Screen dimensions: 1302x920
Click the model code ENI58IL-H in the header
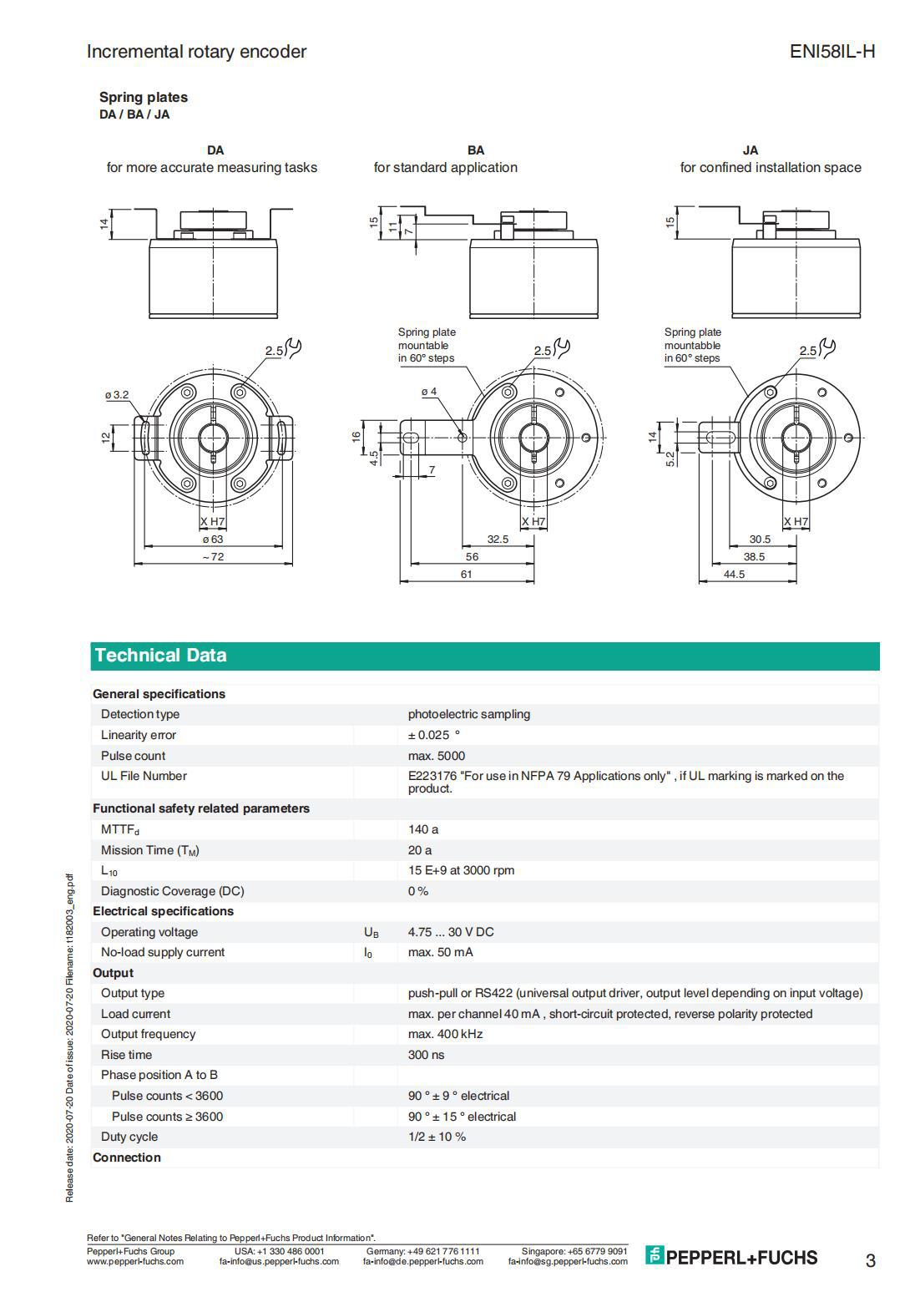[832, 52]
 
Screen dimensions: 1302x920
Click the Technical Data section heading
[160, 656]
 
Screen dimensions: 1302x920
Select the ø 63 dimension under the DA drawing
[213, 540]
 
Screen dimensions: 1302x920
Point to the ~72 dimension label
[213, 557]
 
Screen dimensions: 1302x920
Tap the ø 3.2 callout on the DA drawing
[116, 394]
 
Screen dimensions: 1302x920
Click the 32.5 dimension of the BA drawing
[498, 540]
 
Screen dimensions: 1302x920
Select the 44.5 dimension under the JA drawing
[734, 575]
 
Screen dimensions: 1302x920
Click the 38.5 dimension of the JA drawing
[754, 557]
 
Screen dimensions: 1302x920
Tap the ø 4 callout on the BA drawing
[429, 391]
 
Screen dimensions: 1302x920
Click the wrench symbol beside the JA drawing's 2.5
[827, 347]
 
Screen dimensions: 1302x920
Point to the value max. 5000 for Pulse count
[436, 756]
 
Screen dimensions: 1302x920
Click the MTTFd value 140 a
[423, 829]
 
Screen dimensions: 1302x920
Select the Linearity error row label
[139, 735]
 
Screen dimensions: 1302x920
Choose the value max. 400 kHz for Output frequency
[445, 1034]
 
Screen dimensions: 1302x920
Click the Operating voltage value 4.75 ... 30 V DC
[451, 932]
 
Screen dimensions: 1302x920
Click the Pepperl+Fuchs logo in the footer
[731, 1257]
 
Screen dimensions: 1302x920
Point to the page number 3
[870, 1260]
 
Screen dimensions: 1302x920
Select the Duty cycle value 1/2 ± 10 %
[437, 1137]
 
